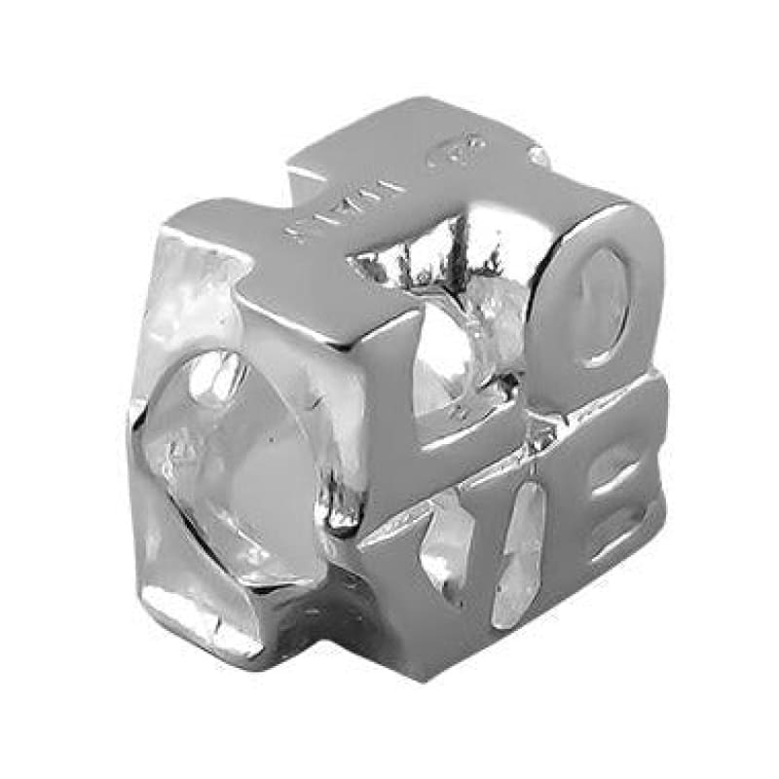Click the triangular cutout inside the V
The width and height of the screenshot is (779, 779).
tap(453, 531)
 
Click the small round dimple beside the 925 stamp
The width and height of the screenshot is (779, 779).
tap(537, 156)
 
